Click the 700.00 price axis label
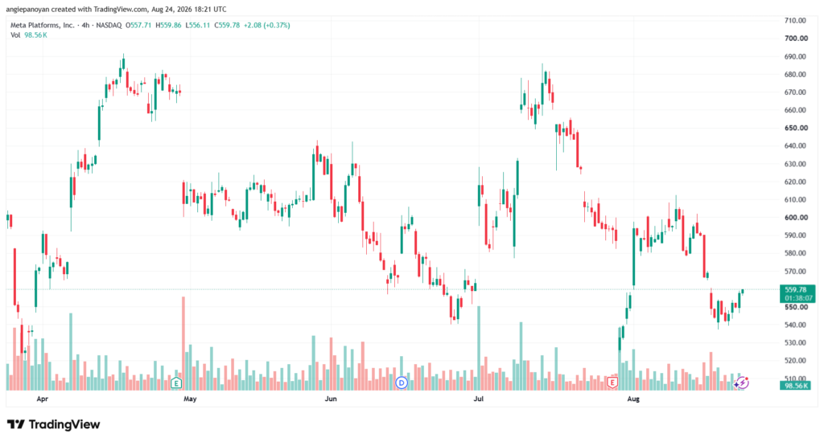coord(795,39)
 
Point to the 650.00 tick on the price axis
coord(795,128)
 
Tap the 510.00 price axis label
coord(795,379)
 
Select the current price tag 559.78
coord(796,290)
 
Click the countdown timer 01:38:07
coord(797,298)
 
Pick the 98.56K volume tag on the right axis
coord(796,386)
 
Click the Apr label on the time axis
coord(42,399)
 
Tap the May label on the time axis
coord(190,399)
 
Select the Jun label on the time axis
coord(331,399)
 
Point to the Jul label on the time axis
coord(479,399)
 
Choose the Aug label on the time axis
coord(633,399)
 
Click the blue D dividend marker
coord(402,383)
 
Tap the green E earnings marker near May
coord(176,383)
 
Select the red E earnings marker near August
coord(612,383)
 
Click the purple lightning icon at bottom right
coord(741,383)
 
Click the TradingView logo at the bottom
coord(54,424)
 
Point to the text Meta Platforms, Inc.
coord(43,25)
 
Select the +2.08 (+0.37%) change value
coord(266,25)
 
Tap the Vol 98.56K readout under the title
coord(29,35)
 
